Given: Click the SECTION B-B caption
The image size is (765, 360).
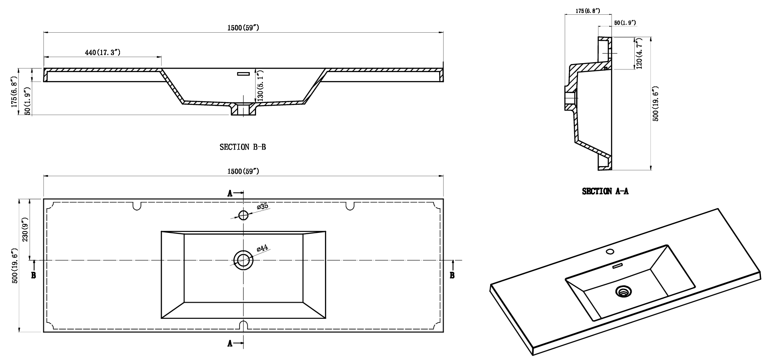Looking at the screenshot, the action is [243, 147].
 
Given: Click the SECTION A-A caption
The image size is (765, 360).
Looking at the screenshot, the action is [605, 191].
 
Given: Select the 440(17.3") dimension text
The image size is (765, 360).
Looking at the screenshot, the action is [103, 52].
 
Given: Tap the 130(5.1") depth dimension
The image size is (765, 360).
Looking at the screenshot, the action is [260, 86].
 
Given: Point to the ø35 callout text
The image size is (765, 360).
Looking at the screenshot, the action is [262, 206].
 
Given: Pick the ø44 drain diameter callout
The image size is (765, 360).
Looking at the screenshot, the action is [262, 248].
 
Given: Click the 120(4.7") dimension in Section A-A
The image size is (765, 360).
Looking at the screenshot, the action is [639, 53].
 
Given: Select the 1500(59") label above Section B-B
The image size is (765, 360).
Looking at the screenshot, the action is [243, 28].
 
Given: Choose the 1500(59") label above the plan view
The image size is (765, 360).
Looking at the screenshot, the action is [243, 171].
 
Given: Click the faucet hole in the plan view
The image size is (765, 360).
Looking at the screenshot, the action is [243, 215].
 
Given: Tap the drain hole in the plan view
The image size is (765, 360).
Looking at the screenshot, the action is [243, 260].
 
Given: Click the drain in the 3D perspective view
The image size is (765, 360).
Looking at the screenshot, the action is [623, 291].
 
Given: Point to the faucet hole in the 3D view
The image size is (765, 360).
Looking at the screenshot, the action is [610, 252].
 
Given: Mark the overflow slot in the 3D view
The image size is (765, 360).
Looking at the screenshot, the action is [617, 266].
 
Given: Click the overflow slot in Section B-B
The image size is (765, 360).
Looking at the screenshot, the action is [244, 73].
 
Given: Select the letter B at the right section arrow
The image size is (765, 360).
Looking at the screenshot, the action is [452, 275].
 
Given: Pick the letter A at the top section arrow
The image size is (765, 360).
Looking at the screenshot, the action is [230, 194].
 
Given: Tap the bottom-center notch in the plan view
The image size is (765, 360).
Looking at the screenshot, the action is [243, 326].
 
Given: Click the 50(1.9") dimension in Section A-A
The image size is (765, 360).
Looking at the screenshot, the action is [624, 22].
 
